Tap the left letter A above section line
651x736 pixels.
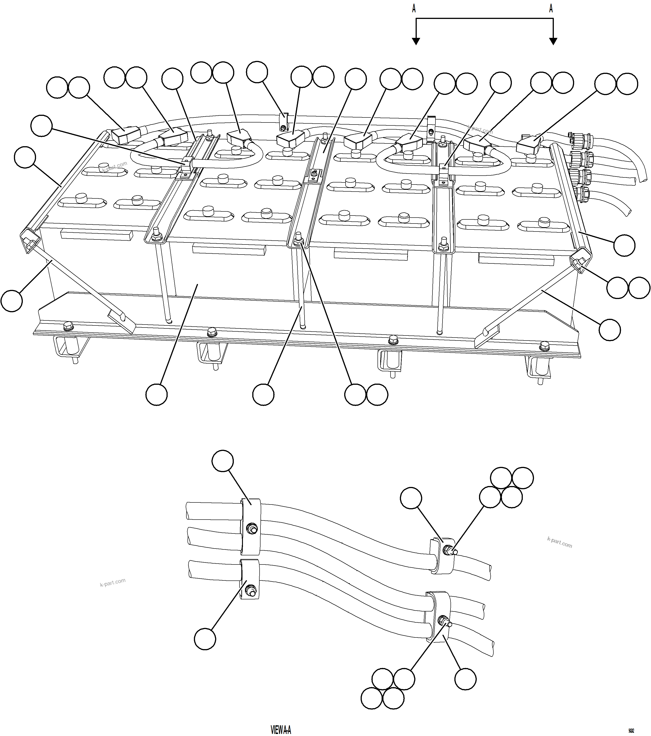pos(414,9)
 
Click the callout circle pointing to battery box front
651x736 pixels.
pos(157,395)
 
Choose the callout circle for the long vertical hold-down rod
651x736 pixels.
pos(263,395)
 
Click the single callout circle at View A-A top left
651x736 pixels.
pos(223,460)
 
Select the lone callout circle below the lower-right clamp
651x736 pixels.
pos(465,679)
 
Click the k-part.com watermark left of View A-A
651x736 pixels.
pos(113,583)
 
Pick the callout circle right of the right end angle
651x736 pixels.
pos(624,246)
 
